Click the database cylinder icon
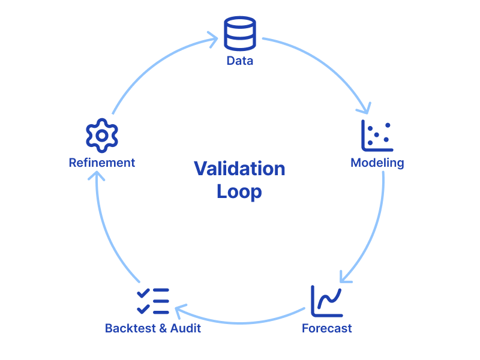240,34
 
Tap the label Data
240,61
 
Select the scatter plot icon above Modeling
377,135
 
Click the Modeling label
377,163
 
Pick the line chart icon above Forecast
327,301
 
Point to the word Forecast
327,328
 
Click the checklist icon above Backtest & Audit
153,301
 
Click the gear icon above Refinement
102,135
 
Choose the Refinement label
102,163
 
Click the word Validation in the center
239,169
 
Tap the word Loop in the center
239,192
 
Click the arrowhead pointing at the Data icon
213,41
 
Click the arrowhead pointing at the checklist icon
179,310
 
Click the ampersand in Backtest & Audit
161,328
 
